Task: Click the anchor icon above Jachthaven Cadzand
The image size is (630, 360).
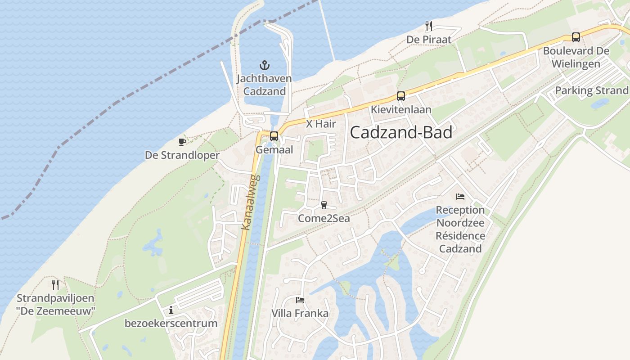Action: coord(265,65)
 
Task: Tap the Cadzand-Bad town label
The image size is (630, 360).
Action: coord(401,132)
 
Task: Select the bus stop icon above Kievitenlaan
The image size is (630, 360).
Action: coord(400,96)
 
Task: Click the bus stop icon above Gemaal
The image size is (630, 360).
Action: coord(274,136)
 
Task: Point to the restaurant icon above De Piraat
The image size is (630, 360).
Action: coord(429,26)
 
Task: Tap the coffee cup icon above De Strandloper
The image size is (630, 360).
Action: coord(182,142)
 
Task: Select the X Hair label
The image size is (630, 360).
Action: coord(321,124)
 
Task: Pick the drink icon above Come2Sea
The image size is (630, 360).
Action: coord(324,205)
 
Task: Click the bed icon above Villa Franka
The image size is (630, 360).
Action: coord(300,300)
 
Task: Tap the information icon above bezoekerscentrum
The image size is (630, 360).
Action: coord(171,310)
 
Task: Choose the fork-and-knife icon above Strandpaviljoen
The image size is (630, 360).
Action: coord(55,284)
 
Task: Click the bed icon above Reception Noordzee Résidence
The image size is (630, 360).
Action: coord(460,197)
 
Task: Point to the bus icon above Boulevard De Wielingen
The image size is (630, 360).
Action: coord(576,37)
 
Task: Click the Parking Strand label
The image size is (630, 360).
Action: coord(591,90)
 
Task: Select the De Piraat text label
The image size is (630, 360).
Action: coord(429,40)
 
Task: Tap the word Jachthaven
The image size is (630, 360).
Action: coord(264,78)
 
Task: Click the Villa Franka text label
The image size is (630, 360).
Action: coord(300,313)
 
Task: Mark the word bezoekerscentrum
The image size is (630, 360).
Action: coord(171,324)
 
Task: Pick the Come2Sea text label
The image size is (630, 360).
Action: coord(324,219)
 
